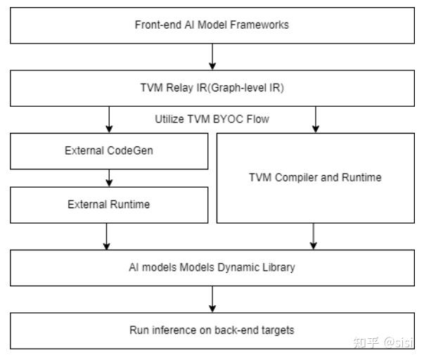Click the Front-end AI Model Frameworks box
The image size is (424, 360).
coord(212,25)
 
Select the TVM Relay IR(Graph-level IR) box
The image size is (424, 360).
coord(212,89)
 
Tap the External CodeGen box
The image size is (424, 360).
coord(108,150)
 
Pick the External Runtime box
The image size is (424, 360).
coord(108,205)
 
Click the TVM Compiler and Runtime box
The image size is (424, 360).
coord(315,177)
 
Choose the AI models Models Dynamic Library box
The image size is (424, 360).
coord(212,268)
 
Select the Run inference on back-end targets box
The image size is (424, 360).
coord(212,330)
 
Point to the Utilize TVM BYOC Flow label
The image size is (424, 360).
coord(212,119)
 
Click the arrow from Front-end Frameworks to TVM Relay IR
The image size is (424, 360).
coord(212,57)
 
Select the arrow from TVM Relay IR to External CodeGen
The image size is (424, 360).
coord(109,119)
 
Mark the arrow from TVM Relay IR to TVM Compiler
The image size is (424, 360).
coord(316,119)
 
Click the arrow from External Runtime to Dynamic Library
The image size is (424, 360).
coord(106,236)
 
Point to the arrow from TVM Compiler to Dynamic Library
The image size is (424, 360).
coord(313,236)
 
